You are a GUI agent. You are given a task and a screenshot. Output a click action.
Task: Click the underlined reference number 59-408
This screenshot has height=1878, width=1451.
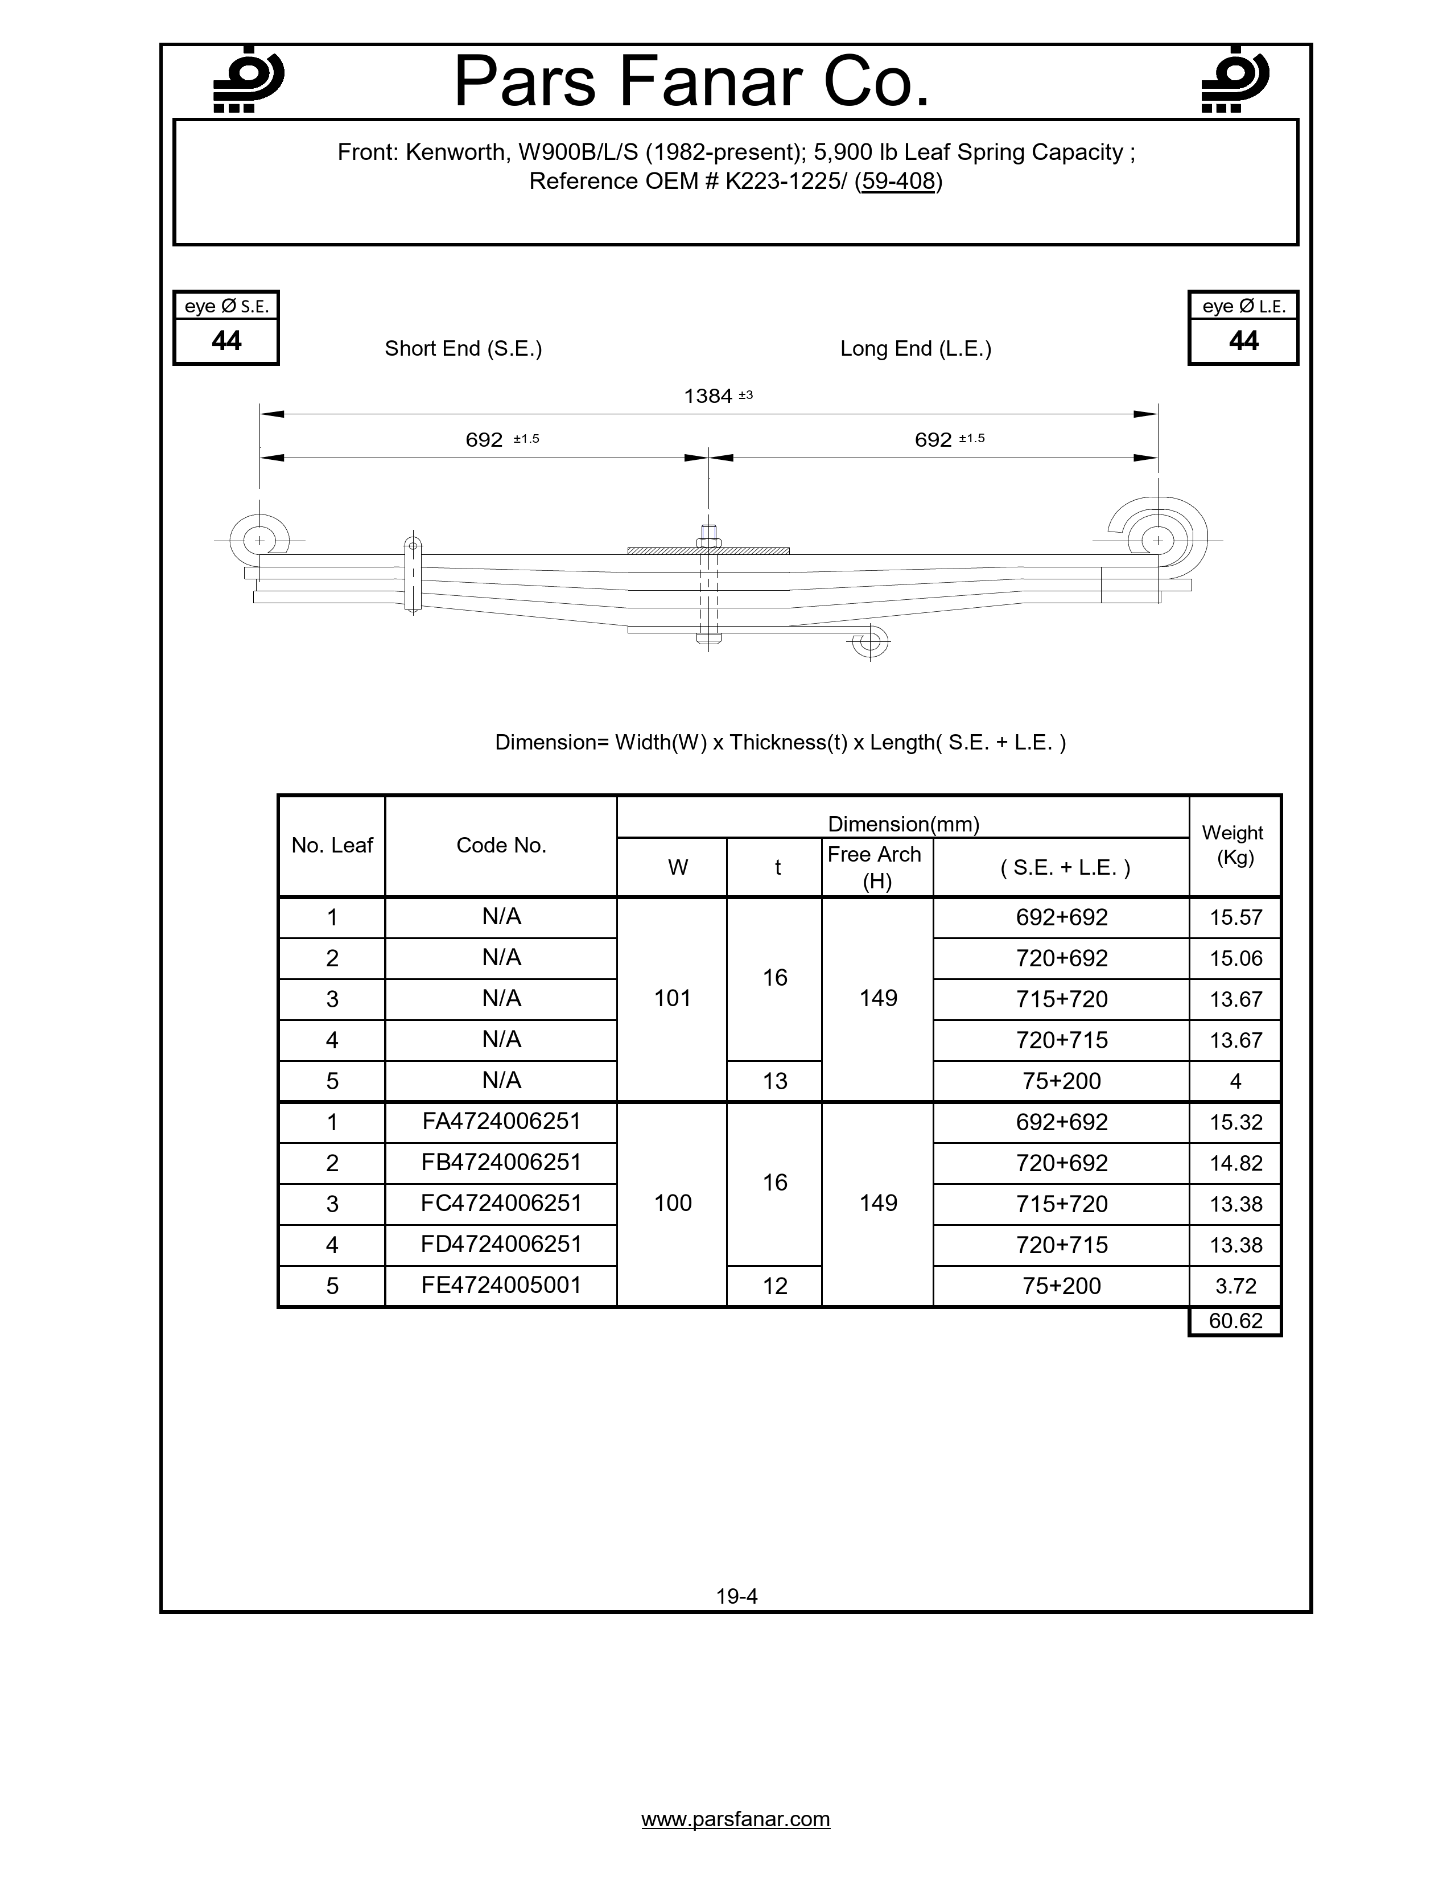[898, 182]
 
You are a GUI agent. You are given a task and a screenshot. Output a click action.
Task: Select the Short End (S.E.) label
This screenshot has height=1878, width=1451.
[463, 348]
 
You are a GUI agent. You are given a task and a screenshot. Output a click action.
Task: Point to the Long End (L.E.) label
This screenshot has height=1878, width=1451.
[916, 348]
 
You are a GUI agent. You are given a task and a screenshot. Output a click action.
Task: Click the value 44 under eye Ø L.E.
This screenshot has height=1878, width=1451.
[1243, 341]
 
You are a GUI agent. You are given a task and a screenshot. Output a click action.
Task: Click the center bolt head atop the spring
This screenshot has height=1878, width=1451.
[708, 534]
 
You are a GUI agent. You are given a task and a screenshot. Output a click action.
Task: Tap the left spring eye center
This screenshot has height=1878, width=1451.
[259, 541]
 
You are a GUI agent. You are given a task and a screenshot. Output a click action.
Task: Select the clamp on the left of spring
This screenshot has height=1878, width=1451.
[413, 576]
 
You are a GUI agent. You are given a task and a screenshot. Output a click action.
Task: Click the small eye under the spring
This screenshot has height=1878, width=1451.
[870, 641]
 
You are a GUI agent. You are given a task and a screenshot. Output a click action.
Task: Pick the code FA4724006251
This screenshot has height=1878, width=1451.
[501, 1121]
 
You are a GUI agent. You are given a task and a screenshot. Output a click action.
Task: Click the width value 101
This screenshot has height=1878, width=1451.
[672, 998]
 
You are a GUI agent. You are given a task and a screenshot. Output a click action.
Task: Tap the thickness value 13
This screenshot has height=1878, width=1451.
[774, 1081]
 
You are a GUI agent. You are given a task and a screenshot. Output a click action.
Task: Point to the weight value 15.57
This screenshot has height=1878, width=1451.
[1235, 917]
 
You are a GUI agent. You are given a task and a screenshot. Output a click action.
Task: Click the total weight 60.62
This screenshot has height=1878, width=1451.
[1235, 1321]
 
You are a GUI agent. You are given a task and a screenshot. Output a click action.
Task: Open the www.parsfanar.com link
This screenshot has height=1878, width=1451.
[736, 1819]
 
